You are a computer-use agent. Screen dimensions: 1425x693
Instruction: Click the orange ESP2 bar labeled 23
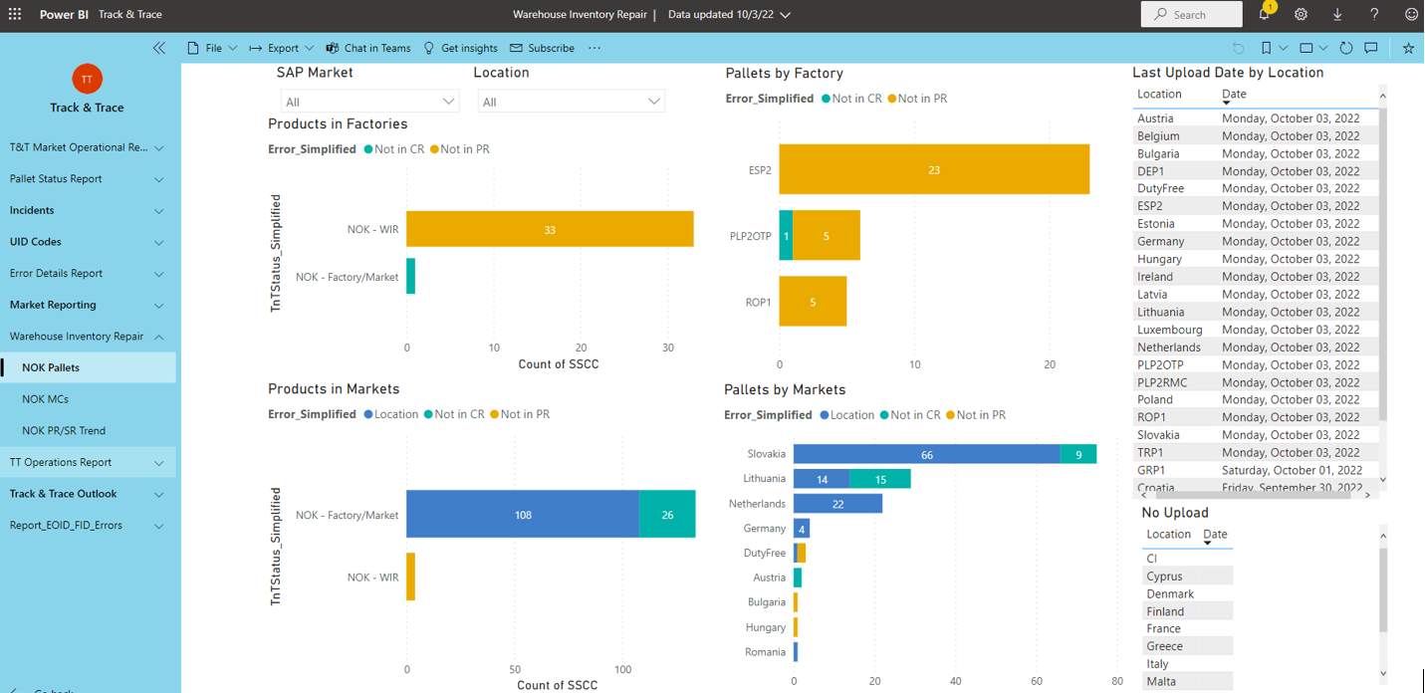point(934,169)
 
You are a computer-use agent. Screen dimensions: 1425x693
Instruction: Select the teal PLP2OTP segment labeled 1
point(787,235)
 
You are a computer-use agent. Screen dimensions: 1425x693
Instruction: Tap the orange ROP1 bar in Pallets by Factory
point(813,302)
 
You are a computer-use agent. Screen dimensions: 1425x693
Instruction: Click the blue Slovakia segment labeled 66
point(927,454)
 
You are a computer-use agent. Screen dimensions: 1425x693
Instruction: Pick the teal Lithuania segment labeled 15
point(880,479)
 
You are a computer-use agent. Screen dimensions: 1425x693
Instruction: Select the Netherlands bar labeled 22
point(837,504)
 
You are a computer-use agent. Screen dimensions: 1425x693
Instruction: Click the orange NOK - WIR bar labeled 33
point(550,229)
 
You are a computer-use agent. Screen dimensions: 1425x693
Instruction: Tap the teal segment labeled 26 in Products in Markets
point(667,514)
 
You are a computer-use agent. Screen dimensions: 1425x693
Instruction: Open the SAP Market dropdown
point(369,102)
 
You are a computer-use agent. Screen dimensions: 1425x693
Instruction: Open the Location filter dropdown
point(571,102)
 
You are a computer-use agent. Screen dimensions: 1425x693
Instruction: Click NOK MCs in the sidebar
point(45,399)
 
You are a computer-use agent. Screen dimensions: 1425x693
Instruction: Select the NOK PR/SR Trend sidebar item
point(64,431)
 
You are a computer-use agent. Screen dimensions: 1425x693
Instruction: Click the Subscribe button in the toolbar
point(542,48)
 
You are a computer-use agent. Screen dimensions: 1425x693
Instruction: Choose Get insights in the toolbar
point(461,48)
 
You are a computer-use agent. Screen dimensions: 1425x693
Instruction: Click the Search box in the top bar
point(1191,14)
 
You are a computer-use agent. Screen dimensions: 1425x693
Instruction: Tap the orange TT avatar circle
point(88,79)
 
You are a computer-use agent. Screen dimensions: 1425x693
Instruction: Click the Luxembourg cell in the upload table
point(1169,330)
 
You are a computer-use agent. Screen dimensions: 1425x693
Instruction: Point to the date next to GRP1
point(1292,470)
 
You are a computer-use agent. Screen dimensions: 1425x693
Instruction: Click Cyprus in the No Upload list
point(1164,576)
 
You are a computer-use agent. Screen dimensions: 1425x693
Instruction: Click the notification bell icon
point(1264,14)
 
